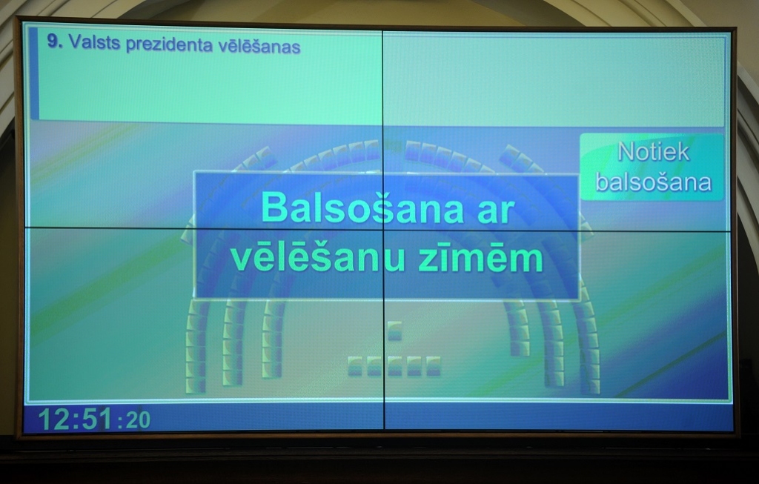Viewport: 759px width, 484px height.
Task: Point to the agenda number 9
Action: pyautogui.click(x=54, y=42)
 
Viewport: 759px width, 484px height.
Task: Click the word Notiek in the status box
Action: pyautogui.click(x=653, y=152)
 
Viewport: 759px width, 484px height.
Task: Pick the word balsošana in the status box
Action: pyautogui.click(x=653, y=182)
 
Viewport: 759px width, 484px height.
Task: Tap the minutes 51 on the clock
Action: pyautogui.click(x=96, y=420)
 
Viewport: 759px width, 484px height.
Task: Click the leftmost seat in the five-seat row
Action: pyautogui.click(x=356, y=365)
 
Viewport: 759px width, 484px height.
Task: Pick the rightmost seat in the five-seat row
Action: pyautogui.click(x=433, y=365)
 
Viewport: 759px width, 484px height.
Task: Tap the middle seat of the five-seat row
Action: pyautogui.click(x=394, y=365)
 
